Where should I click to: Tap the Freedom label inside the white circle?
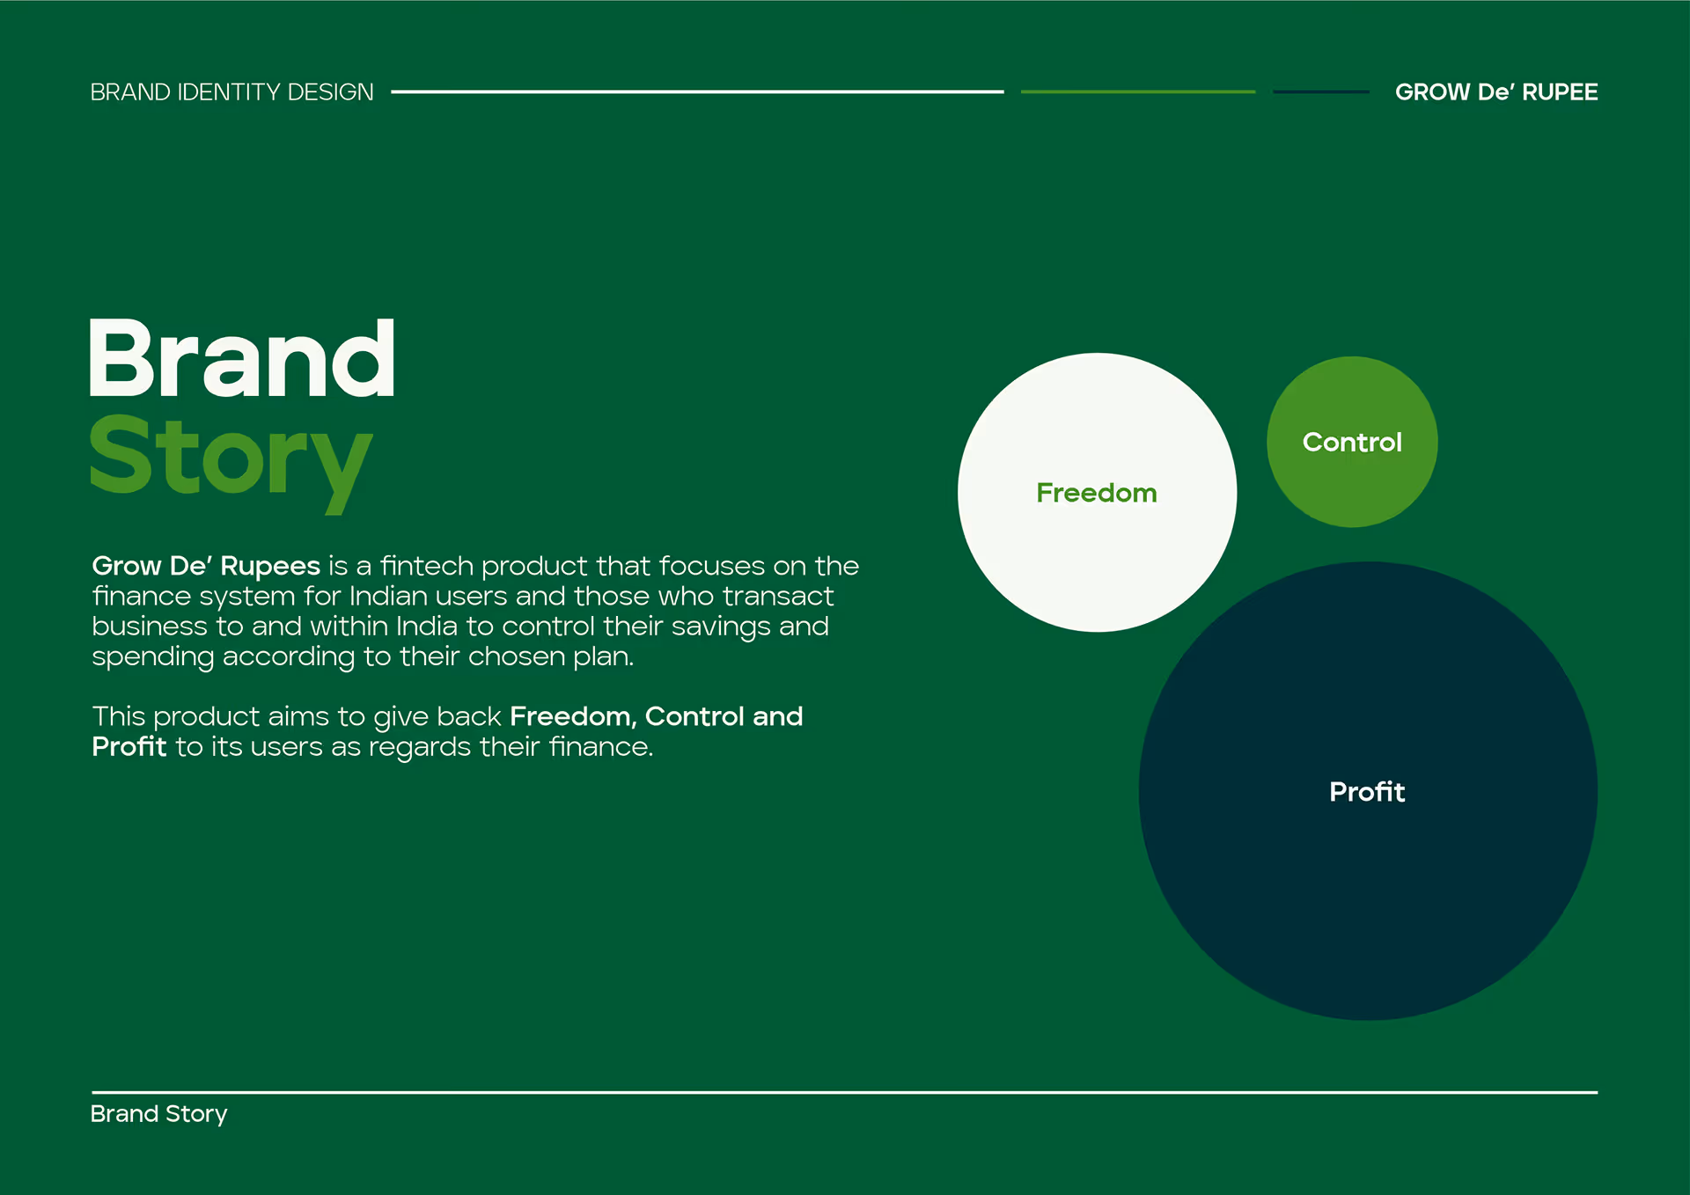coord(1097,493)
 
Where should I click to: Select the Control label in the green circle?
coord(1352,442)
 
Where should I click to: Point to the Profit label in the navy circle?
coord(1367,791)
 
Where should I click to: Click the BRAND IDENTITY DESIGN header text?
coord(231,92)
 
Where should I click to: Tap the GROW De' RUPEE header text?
coord(1496,92)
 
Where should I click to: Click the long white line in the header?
coord(697,92)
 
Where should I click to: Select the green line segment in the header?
coord(1138,92)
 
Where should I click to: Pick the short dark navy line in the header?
coord(1321,92)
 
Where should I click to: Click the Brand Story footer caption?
coord(159,1114)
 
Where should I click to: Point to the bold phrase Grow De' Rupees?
coord(206,566)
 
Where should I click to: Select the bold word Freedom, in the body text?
coord(573,717)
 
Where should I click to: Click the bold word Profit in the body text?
coord(129,746)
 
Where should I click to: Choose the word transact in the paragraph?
coord(777,597)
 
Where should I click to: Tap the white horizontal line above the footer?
coord(844,1092)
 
